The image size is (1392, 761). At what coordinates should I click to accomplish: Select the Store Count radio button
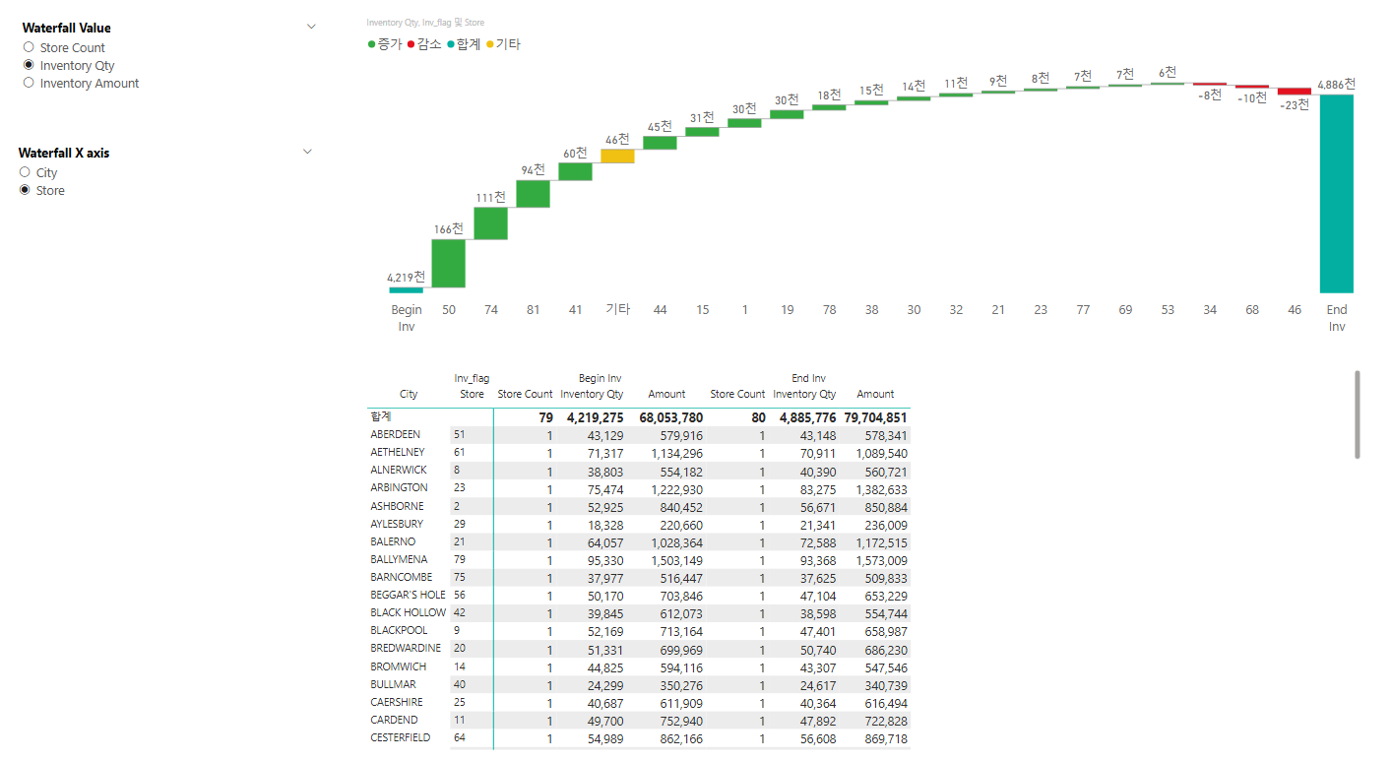pyautogui.click(x=29, y=47)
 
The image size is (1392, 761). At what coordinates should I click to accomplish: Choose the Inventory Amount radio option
pyautogui.click(x=29, y=84)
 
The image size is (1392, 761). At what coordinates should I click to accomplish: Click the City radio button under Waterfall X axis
pyautogui.click(x=25, y=172)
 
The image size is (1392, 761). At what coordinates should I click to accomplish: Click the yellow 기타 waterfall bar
pyautogui.click(x=617, y=157)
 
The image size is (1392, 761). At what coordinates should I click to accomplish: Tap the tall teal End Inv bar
pyautogui.click(x=1336, y=193)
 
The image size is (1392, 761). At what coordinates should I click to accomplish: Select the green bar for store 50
pyautogui.click(x=448, y=264)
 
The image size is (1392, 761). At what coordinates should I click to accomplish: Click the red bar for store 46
pyautogui.click(x=1294, y=92)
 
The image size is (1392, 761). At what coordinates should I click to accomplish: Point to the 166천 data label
pyautogui.click(x=448, y=229)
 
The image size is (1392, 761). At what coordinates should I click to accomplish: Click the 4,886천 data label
pyautogui.click(x=1336, y=85)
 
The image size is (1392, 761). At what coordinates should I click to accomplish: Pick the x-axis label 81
pyautogui.click(x=533, y=310)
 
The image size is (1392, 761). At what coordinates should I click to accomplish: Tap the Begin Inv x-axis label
pyautogui.click(x=407, y=317)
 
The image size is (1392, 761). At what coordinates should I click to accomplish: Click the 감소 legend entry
pyautogui.click(x=424, y=44)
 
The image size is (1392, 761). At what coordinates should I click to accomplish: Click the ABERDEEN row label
pyautogui.click(x=396, y=434)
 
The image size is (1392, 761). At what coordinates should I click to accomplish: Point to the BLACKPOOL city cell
pyautogui.click(x=399, y=630)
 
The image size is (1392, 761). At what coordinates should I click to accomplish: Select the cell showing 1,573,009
pyautogui.click(x=875, y=560)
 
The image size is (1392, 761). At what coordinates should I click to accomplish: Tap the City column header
pyautogui.click(x=409, y=394)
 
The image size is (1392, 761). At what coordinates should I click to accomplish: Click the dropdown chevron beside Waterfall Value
pyautogui.click(x=311, y=27)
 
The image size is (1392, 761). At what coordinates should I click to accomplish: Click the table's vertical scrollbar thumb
pyautogui.click(x=1359, y=414)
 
